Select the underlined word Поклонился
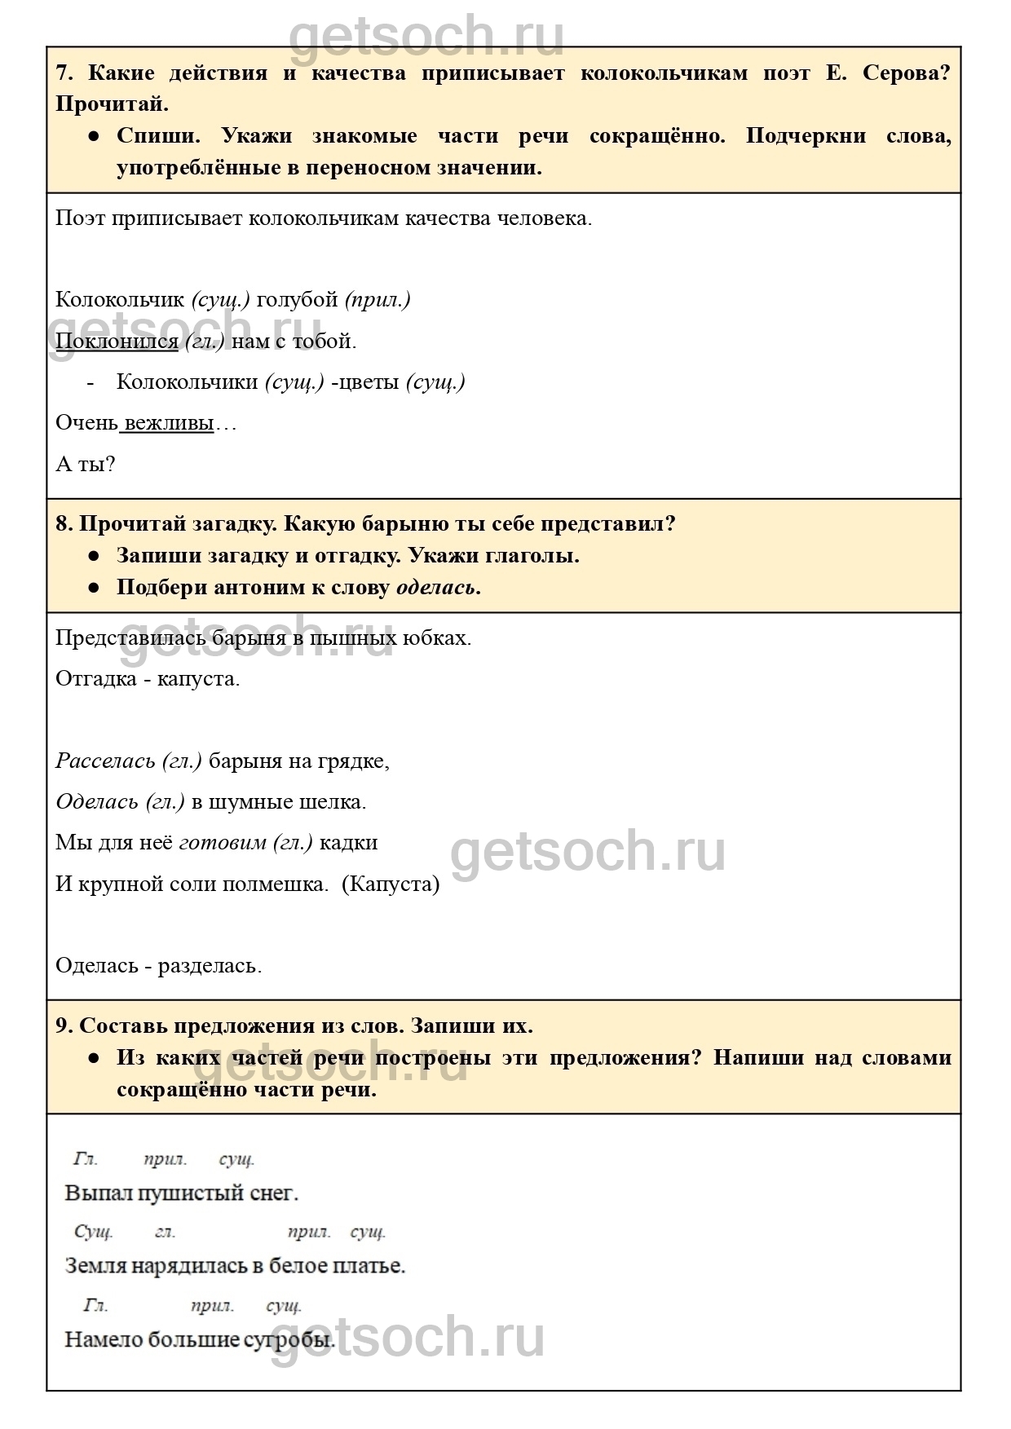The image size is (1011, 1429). click(x=117, y=341)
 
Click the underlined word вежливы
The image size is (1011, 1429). click(x=169, y=423)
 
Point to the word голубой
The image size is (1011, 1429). click(x=297, y=299)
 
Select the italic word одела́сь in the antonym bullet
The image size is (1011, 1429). click(x=436, y=587)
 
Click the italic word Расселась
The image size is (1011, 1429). click(x=105, y=761)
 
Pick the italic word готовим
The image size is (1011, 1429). click(x=222, y=842)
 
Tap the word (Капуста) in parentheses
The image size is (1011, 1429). click(x=391, y=884)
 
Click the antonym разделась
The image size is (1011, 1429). click(x=209, y=966)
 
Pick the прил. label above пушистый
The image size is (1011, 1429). click(x=165, y=1159)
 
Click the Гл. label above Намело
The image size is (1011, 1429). click(x=95, y=1305)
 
